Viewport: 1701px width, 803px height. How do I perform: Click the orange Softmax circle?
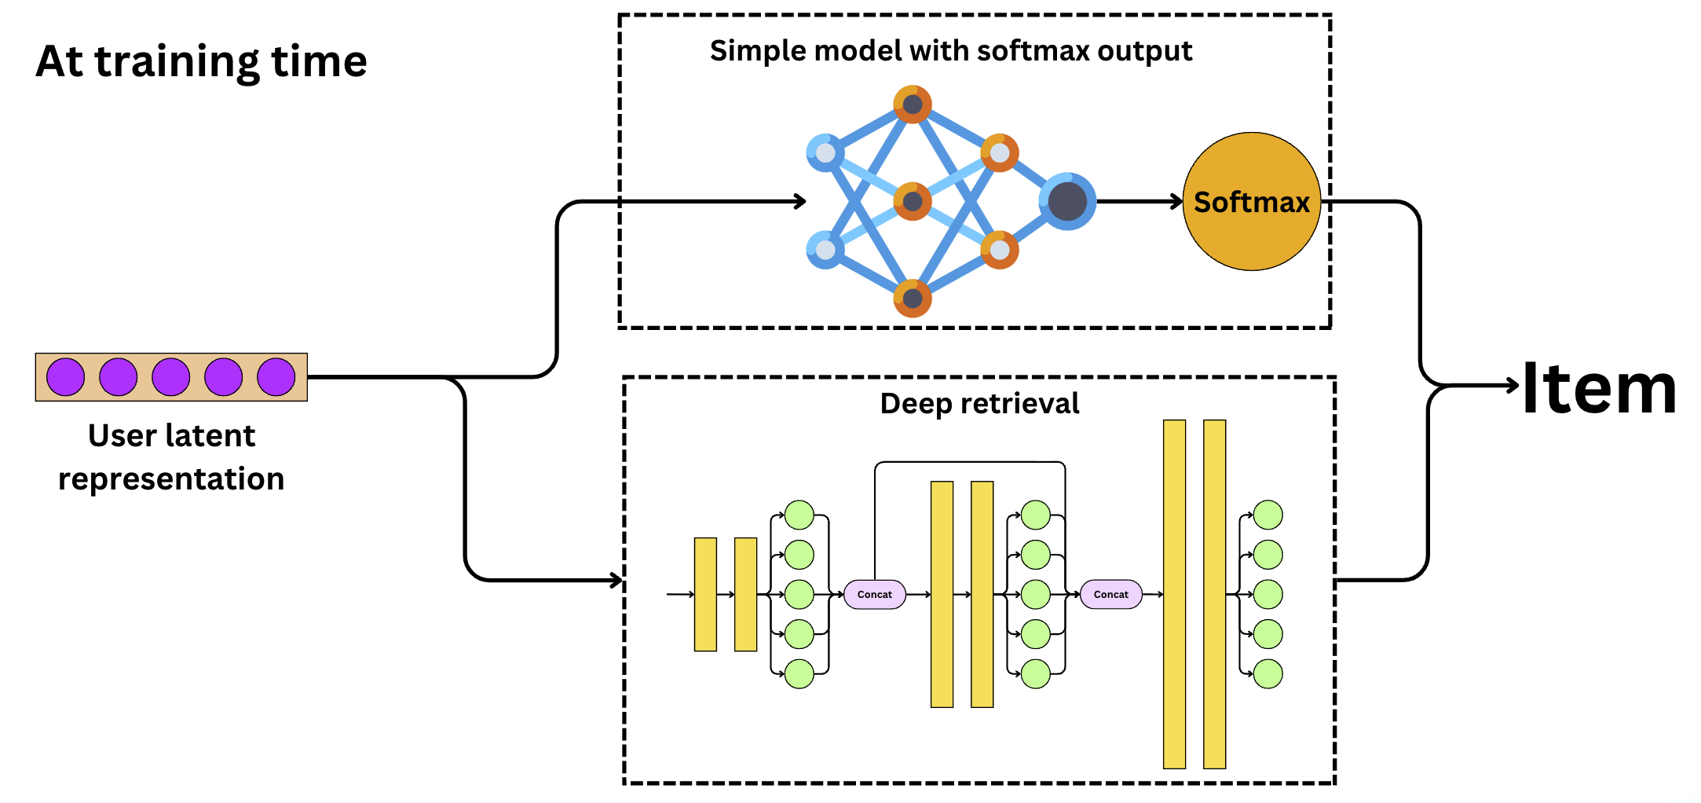(x=1251, y=201)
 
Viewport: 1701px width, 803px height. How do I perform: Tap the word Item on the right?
(x=1599, y=388)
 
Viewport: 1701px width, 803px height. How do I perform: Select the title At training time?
(x=201, y=61)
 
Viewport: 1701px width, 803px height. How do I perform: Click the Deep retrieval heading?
(x=979, y=403)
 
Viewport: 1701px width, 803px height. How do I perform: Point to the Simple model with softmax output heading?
(x=950, y=50)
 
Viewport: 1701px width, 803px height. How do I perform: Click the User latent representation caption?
(x=171, y=456)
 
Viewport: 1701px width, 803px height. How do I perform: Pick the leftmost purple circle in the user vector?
(x=66, y=377)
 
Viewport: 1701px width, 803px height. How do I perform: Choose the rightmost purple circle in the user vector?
(x=276, y=377)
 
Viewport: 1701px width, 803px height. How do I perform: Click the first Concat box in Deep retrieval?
(x=874, y=595)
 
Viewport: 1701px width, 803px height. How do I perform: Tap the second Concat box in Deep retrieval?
(x=1110, y=595)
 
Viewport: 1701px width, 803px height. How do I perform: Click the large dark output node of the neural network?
(x=1067, y=201)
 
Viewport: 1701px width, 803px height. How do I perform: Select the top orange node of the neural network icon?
(x=913, y=104)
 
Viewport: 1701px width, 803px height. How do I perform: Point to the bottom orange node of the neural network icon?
(x=913, y=299)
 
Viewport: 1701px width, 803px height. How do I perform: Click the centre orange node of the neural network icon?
(x=913, y=202)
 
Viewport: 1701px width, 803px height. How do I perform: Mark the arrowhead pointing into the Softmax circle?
(x=1177, y=202)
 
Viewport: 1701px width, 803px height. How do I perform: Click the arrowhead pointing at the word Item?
(x=1513, y=385)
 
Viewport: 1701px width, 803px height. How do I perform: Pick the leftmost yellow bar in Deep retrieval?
(x=705, y=595)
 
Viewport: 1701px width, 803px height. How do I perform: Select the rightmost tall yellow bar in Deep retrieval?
(x=1214, y=595)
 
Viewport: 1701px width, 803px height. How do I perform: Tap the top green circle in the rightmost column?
(x=1268, y=515)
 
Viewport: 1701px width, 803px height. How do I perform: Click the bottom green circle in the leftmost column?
(x=799, y=674)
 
